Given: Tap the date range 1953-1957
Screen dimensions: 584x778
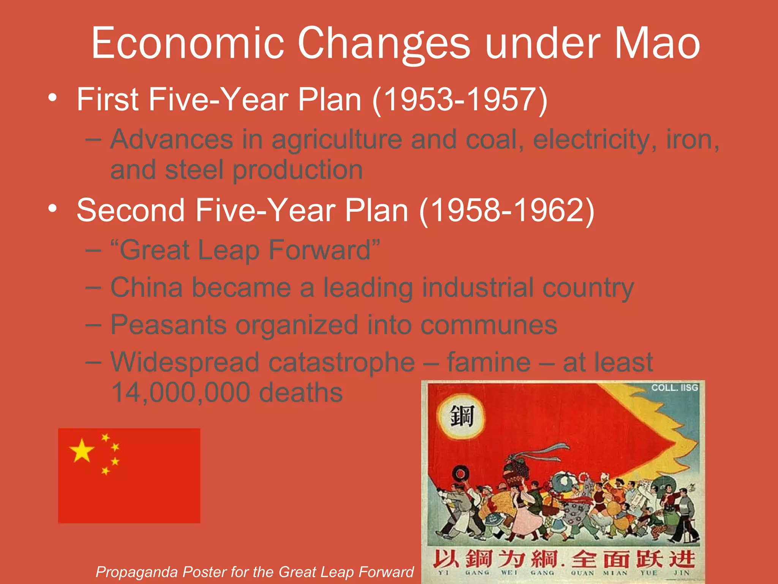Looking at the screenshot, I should coord(460,100).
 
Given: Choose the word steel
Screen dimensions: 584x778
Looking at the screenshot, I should coord(194,170).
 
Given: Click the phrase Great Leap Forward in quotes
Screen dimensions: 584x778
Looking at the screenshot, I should coord(245,250).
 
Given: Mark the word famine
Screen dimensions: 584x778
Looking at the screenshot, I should coord(489,362).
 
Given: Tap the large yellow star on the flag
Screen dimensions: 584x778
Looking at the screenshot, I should coord(82,451).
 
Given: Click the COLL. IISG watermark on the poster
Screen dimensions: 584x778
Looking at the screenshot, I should coord(675,388).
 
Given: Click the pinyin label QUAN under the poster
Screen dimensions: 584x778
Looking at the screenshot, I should coord(582,573).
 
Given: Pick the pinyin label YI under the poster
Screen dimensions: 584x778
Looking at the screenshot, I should coord(443,573).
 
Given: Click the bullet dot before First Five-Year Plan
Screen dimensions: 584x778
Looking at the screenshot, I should coord(53,98).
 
